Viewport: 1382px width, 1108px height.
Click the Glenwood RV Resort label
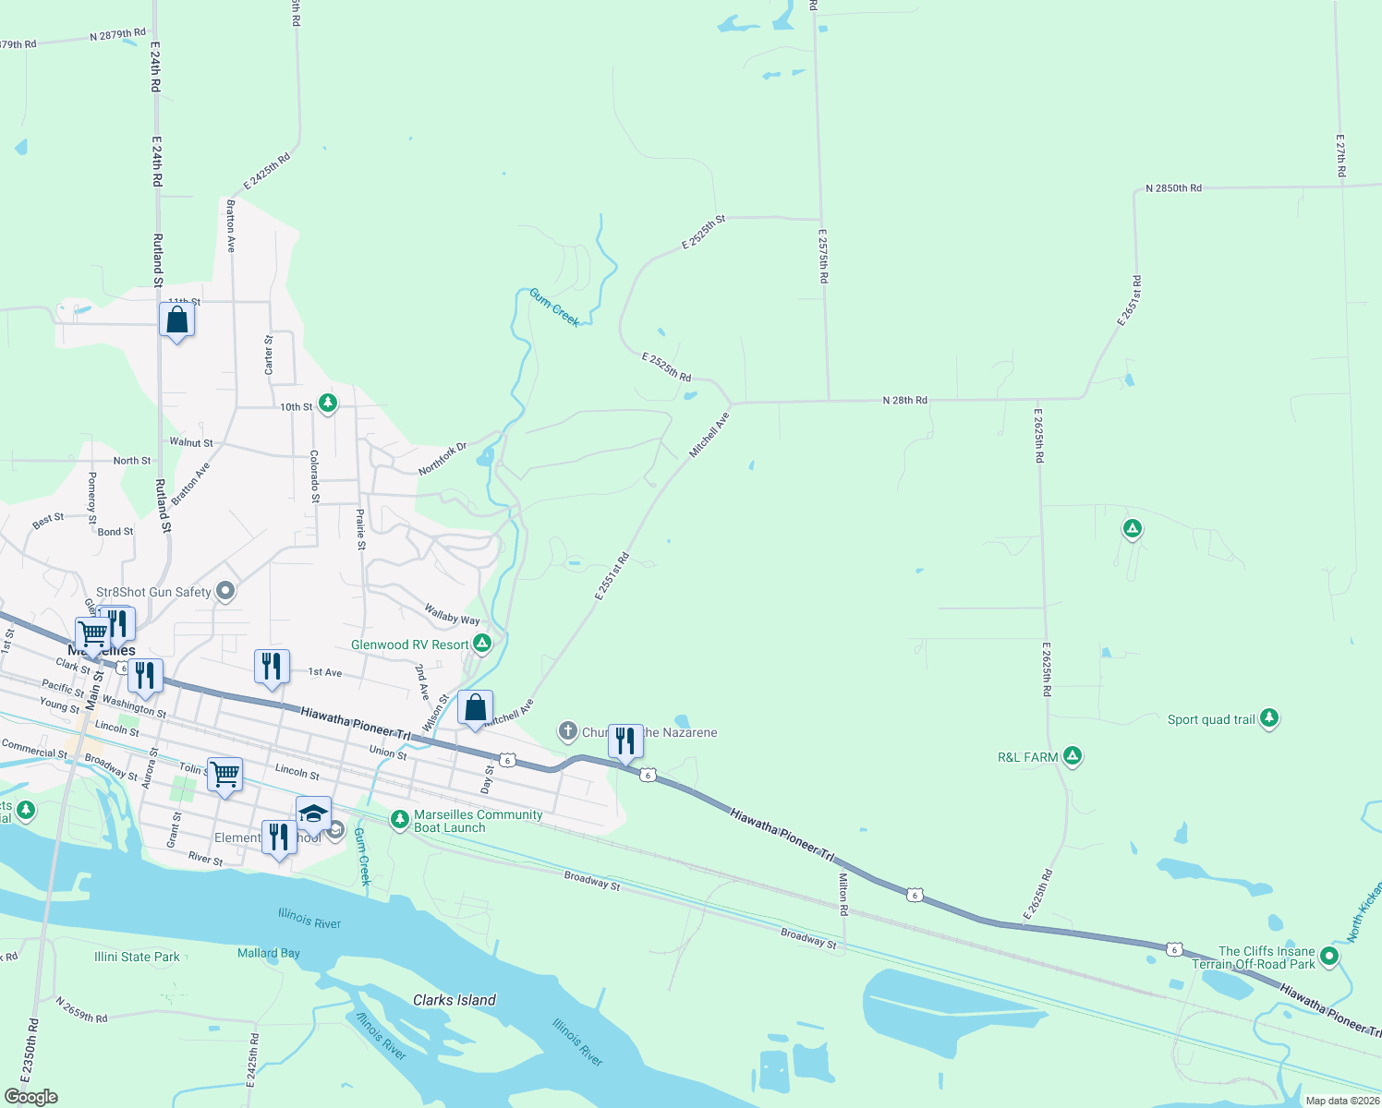(410, 644)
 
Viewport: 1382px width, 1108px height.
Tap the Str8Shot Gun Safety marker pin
(225, 591)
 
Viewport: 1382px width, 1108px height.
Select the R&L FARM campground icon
(1073, 756)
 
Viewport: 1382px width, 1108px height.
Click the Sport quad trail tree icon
(1269, 717)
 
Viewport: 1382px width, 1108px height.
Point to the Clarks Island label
(454, 1000)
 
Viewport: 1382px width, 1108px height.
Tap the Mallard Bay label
(268, 953)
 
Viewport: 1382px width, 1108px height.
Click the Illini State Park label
(137, 957)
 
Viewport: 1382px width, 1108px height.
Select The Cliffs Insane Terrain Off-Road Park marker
(1329, 956)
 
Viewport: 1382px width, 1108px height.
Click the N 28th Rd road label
(904, 401)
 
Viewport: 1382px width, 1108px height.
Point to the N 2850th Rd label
(1173, 188)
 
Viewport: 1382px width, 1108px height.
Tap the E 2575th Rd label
(823, 256)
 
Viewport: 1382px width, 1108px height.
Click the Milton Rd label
(843, 894)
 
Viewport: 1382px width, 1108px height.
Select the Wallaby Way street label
(452, 614)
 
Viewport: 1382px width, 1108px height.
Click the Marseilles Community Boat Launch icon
(399, 818)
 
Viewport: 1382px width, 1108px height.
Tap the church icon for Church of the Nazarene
(567, 731)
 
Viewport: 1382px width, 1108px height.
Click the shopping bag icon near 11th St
(176, 320)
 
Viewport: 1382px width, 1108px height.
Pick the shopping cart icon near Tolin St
(224, 774)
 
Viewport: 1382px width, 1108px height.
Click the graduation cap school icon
(313, 813)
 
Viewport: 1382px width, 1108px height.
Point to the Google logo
(31, 1097)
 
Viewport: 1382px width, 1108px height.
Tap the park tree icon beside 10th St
(327, 403)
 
